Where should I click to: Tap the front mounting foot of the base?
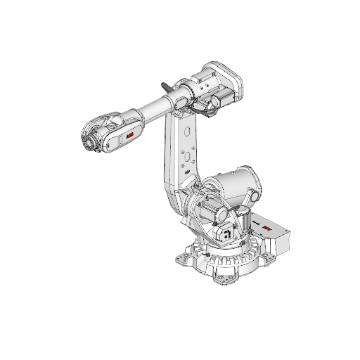[227, 281]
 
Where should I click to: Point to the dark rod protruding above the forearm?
[167, 86]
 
